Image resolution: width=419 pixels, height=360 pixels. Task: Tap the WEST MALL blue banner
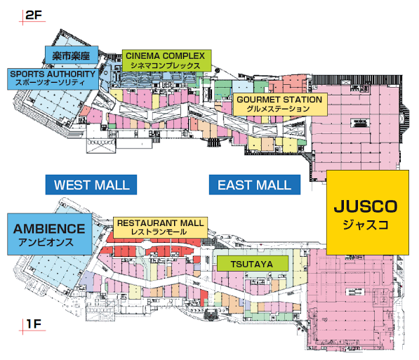pyautogui.click(x=91, y=185)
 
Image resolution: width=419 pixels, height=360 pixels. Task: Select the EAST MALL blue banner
pyautogui.click(x=255, y=185)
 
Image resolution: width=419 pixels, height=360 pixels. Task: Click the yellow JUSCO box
pyautogui.click(x=368, y=213)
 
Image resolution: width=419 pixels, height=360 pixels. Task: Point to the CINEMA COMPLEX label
pyautogui.click(x=167, y=60)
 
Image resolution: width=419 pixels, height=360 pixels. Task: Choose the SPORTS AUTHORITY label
pyautogui.click(x=53, y=79)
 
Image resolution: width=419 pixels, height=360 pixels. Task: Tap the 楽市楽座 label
pyautogui.click(x=72, y=55)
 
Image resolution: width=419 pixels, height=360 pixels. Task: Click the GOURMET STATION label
pyautogui.click(x=280, y=105)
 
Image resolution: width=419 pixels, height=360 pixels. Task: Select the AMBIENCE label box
pyautogui.click(x=50, y=234)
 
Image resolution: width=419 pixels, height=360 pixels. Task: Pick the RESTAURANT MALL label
pyautogui.click(x=160, y=227)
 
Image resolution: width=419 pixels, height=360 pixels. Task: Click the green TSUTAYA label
pyautogui.click(x=253, y=264)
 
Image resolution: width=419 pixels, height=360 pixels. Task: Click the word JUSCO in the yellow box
pyautogui.click(x=366, y=206)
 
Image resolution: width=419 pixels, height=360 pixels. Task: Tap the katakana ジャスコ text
pyautogui.click(x=366, y=225)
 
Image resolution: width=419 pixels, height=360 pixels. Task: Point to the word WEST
pyautogui.click(x=72, y=185)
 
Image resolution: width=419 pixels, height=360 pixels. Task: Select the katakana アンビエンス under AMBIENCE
pyautogui.click(x=46, y=242)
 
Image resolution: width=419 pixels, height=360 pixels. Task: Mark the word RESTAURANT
pyautogui.click(x=147, y=223)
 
